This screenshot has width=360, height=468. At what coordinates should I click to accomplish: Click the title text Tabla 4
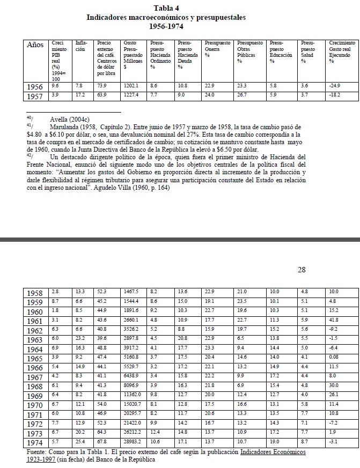point(166,8)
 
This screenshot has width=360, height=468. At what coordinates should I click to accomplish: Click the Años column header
point(35,45)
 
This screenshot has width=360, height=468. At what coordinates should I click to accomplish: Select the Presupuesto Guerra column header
point(217,49)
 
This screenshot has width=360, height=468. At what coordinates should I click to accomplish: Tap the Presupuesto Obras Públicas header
point(250,52)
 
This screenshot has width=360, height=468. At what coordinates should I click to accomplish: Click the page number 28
point(302,270)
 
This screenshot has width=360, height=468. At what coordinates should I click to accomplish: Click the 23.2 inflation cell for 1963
point(80,339)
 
